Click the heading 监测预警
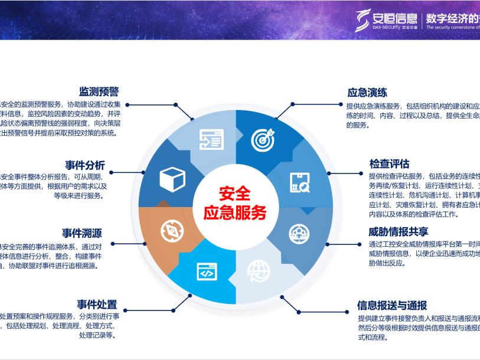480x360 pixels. pos(99,92)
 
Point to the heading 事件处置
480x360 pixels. pos(97,305)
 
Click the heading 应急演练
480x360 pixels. pos(367,93)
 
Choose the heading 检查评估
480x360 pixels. pos(390,163)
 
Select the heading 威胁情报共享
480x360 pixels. pos(399,231)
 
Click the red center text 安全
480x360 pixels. pos(234,194)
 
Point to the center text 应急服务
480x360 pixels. pos(234,212)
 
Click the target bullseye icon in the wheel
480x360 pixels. pos(263,139)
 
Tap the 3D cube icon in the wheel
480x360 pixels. pos(173,178)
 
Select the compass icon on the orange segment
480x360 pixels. pos(171,231)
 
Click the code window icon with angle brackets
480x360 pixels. pos(207,272)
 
